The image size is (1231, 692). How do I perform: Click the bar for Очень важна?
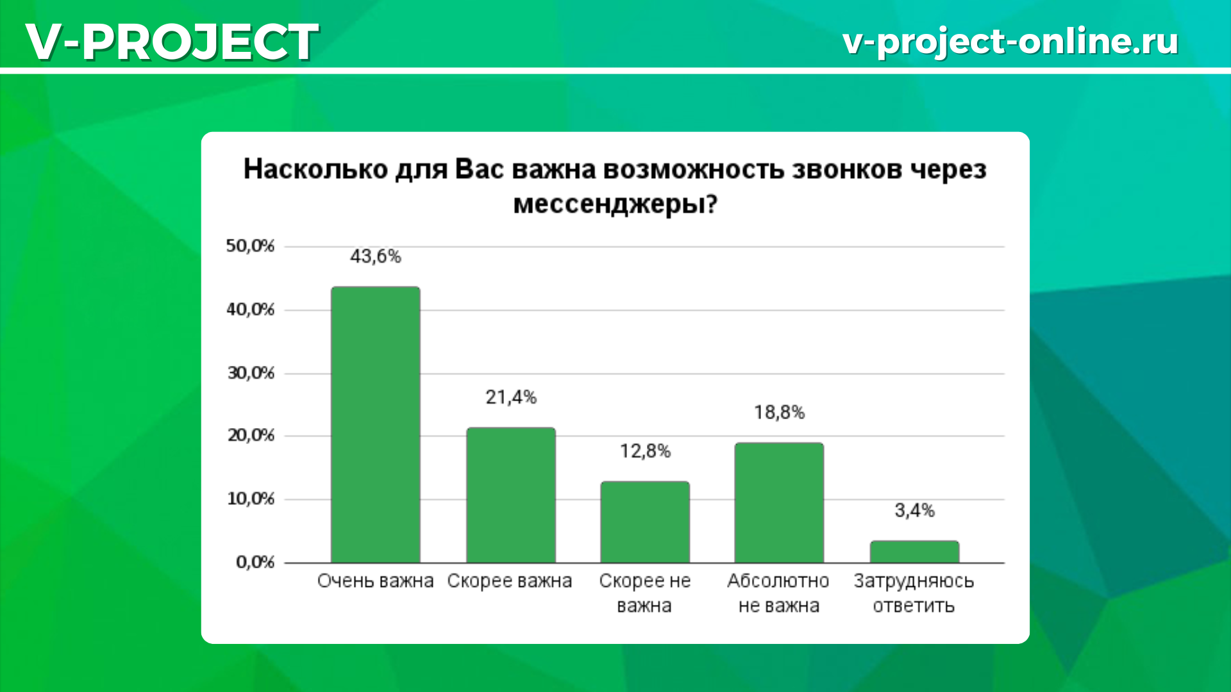pos(376,425)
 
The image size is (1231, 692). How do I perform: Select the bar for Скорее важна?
pos(511,495)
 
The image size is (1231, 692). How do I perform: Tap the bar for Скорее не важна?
pos(645,522)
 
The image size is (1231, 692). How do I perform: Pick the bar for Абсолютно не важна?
pos(779,503)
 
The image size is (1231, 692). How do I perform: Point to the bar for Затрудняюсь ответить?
pos(915,552)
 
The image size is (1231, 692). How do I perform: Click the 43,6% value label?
pos(376,256)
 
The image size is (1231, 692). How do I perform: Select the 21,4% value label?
pos(511,397)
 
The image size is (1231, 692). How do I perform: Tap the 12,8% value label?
pos(645,451)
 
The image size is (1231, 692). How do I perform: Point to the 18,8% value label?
pos(779,412)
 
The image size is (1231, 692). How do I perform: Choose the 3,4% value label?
pos(915,511)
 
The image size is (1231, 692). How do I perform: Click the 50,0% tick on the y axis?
pos(250,246)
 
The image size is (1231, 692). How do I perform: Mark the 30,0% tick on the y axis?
pos(251,373)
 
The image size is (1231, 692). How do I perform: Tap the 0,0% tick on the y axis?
pos(255,562)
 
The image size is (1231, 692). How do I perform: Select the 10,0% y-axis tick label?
pos(251,498)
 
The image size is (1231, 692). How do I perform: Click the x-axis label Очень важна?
pos(376,581)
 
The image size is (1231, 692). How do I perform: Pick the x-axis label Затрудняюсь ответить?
pos(914,593)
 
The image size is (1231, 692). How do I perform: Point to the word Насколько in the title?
pos(315,170)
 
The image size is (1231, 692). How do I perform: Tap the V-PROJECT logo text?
pos(172,42)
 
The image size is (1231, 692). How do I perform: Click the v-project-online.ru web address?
pos(1010,42)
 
